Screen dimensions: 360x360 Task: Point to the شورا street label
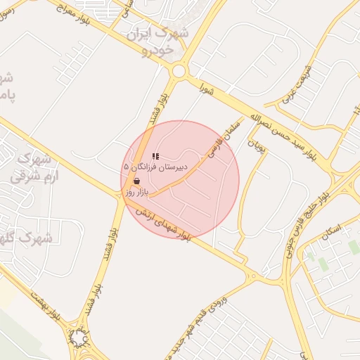pos(206,89)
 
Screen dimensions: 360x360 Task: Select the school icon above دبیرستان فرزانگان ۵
pos(155,155)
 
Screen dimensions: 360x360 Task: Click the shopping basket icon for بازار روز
pos(136,181)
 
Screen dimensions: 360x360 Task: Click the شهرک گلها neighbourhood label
pos(28,238)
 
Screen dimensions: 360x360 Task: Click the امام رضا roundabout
pos(78,339)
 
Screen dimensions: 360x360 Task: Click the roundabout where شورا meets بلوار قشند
pos(179,71)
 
